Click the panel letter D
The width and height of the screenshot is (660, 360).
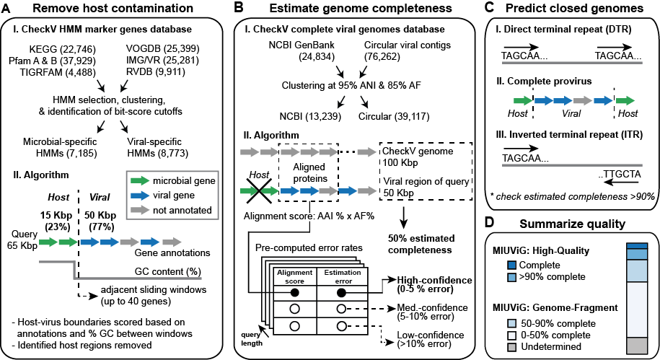click(x=490, y=224)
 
